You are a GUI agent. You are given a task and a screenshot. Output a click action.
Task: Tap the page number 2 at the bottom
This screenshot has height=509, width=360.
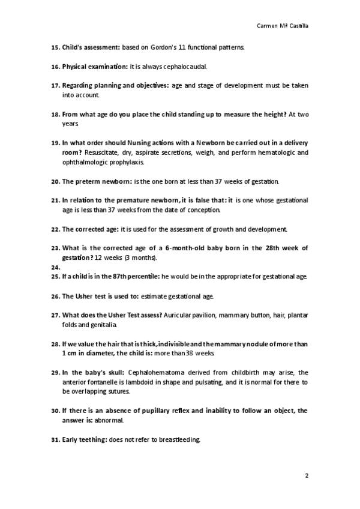coord(307,476)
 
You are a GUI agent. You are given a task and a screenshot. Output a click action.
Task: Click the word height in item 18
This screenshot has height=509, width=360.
coord(274,114)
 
